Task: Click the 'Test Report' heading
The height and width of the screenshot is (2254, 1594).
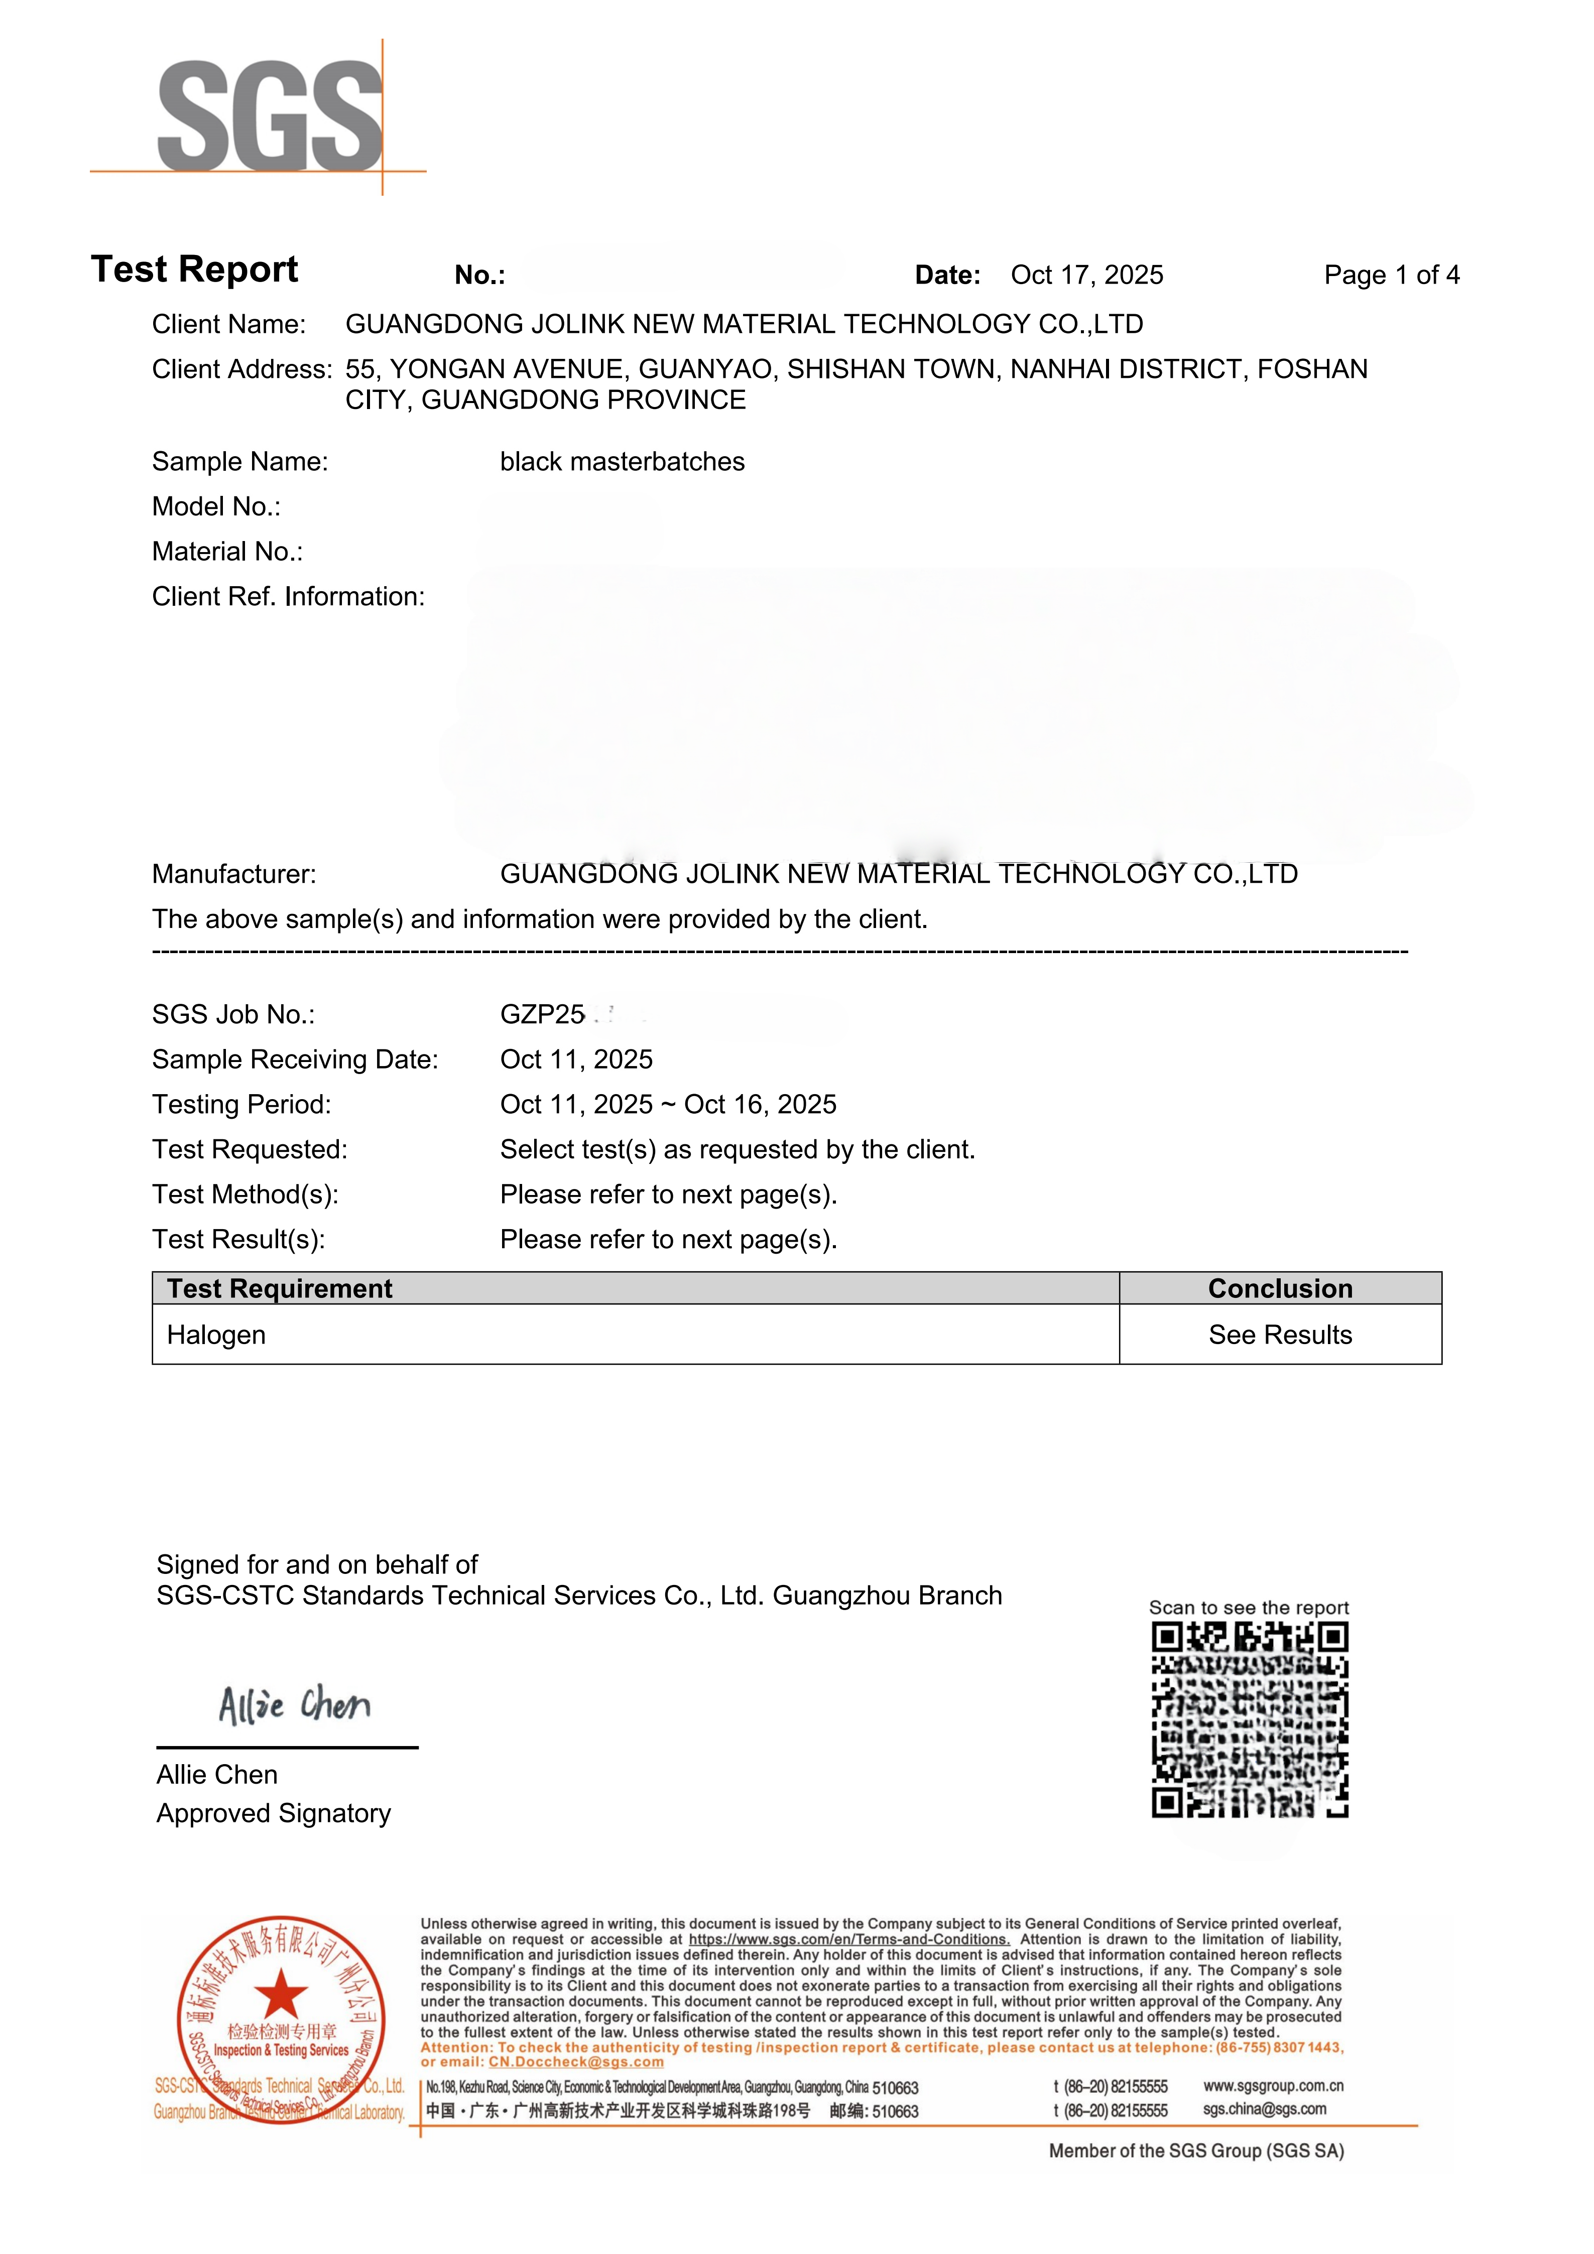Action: [194, 269]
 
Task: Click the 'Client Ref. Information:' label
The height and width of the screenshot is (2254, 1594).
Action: [288, 597]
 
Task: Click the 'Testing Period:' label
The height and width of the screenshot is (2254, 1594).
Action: [241, 1105]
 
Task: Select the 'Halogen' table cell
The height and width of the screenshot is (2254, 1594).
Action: [216, 1335]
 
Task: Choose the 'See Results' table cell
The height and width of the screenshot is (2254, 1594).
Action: [1280, 1335]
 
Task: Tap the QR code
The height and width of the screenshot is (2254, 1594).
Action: [1249, 1720]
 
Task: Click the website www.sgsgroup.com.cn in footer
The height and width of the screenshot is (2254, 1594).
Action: [1273, 2086]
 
